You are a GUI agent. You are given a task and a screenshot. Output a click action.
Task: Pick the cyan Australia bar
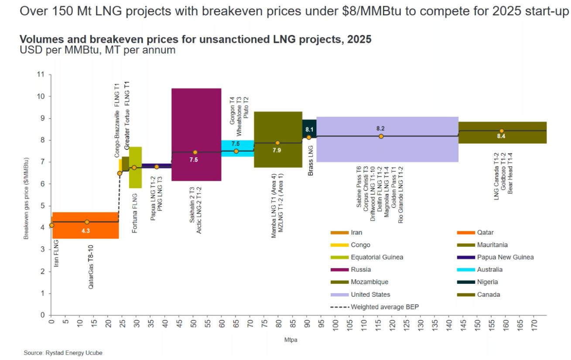[x=237, y=148]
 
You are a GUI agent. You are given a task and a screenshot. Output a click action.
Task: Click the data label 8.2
[x=381, y=129]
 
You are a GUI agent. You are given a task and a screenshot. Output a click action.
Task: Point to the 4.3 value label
[x=85, y=231]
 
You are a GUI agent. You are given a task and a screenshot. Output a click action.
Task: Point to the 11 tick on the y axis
[x=41, y=75]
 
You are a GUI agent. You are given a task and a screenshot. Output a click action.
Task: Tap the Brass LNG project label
[x=311, y=160]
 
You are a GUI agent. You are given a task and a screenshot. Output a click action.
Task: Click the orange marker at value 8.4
[x=502, y=131]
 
